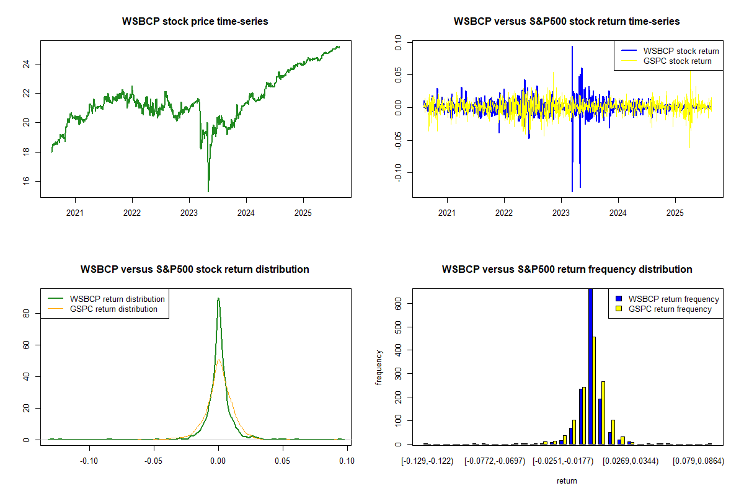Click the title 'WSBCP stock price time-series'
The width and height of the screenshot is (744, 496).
point(196,22)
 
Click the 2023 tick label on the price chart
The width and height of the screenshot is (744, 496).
point(189,212)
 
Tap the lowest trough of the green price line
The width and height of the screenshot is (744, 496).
point(208,190)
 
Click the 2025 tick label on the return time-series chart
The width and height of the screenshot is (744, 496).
point(675,212)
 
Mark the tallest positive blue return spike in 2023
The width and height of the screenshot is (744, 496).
point(572,47)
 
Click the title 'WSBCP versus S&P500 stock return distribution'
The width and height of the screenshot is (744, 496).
point(195,270)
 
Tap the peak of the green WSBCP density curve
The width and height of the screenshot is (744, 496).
point(218,299)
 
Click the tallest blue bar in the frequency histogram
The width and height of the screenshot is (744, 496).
point(590,366)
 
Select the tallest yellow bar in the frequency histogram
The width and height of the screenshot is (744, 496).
point(595,391)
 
